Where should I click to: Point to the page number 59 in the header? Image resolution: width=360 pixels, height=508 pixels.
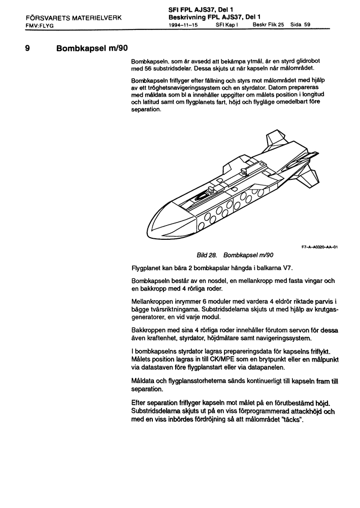coord(308,24)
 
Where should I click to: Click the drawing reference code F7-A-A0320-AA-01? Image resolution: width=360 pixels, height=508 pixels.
coord(319,247)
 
